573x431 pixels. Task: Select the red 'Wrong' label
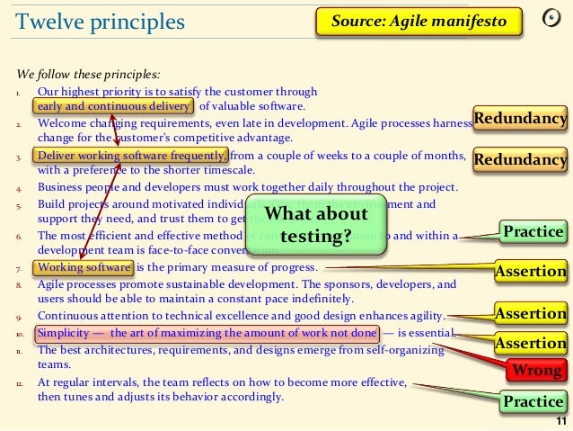pyautogui.click(x=536, y=370)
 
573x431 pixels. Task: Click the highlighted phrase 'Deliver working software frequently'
pyautogui.click(x=131, y=154)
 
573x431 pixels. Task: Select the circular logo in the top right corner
pyautogui.click(x=555, y=20)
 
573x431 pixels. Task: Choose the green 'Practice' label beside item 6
pyautogui.click(x=533, y=232)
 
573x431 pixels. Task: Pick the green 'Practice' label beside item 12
pyautogui.click(x=533, y=401)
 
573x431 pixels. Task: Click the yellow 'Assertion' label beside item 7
pyautogui.click(x=532, y=270)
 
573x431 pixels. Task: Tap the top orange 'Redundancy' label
pyautogui.click(x=520, y=118)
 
